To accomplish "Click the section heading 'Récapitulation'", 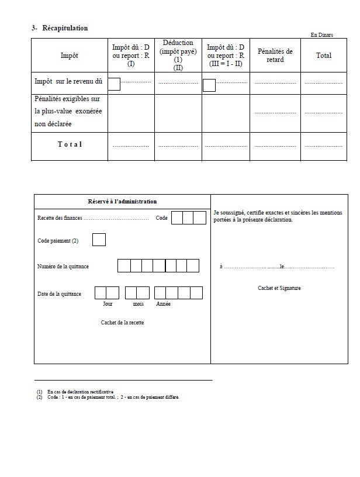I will (65, 28).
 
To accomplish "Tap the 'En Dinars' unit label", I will (321, 35).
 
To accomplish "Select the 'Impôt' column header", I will (69, 56).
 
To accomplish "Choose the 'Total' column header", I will (323, 56).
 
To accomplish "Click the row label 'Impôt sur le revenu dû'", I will (70, 83).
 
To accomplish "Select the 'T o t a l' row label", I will (70, 144).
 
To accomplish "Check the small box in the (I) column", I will (115, 84).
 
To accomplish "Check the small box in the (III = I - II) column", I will (209, 85).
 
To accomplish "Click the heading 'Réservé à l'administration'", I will (122, 202).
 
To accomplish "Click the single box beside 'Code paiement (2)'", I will (99, 240).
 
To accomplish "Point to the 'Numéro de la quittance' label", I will (63, 267).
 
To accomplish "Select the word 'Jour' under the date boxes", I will (108, 305).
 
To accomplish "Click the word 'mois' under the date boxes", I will (138, 305).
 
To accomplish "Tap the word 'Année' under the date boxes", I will (163, 305).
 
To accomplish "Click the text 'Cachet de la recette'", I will (122, 323).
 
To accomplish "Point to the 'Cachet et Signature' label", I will (279, 288).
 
